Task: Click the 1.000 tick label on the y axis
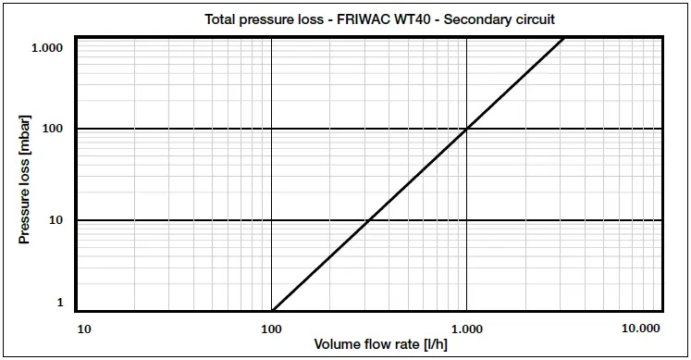point(46,47)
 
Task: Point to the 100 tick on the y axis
point(52,129)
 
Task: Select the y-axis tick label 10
point(56,220)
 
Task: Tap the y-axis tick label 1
point(60,303)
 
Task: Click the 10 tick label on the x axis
point(84,329)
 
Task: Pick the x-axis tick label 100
point(272,329)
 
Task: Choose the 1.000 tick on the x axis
point(467,329)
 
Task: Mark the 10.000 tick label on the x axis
point(641,329)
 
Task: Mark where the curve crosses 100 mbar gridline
point(467,129)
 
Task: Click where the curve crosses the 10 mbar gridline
point(368,220)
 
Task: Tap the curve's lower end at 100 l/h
point(272,310)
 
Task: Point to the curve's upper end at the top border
point(563,38)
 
